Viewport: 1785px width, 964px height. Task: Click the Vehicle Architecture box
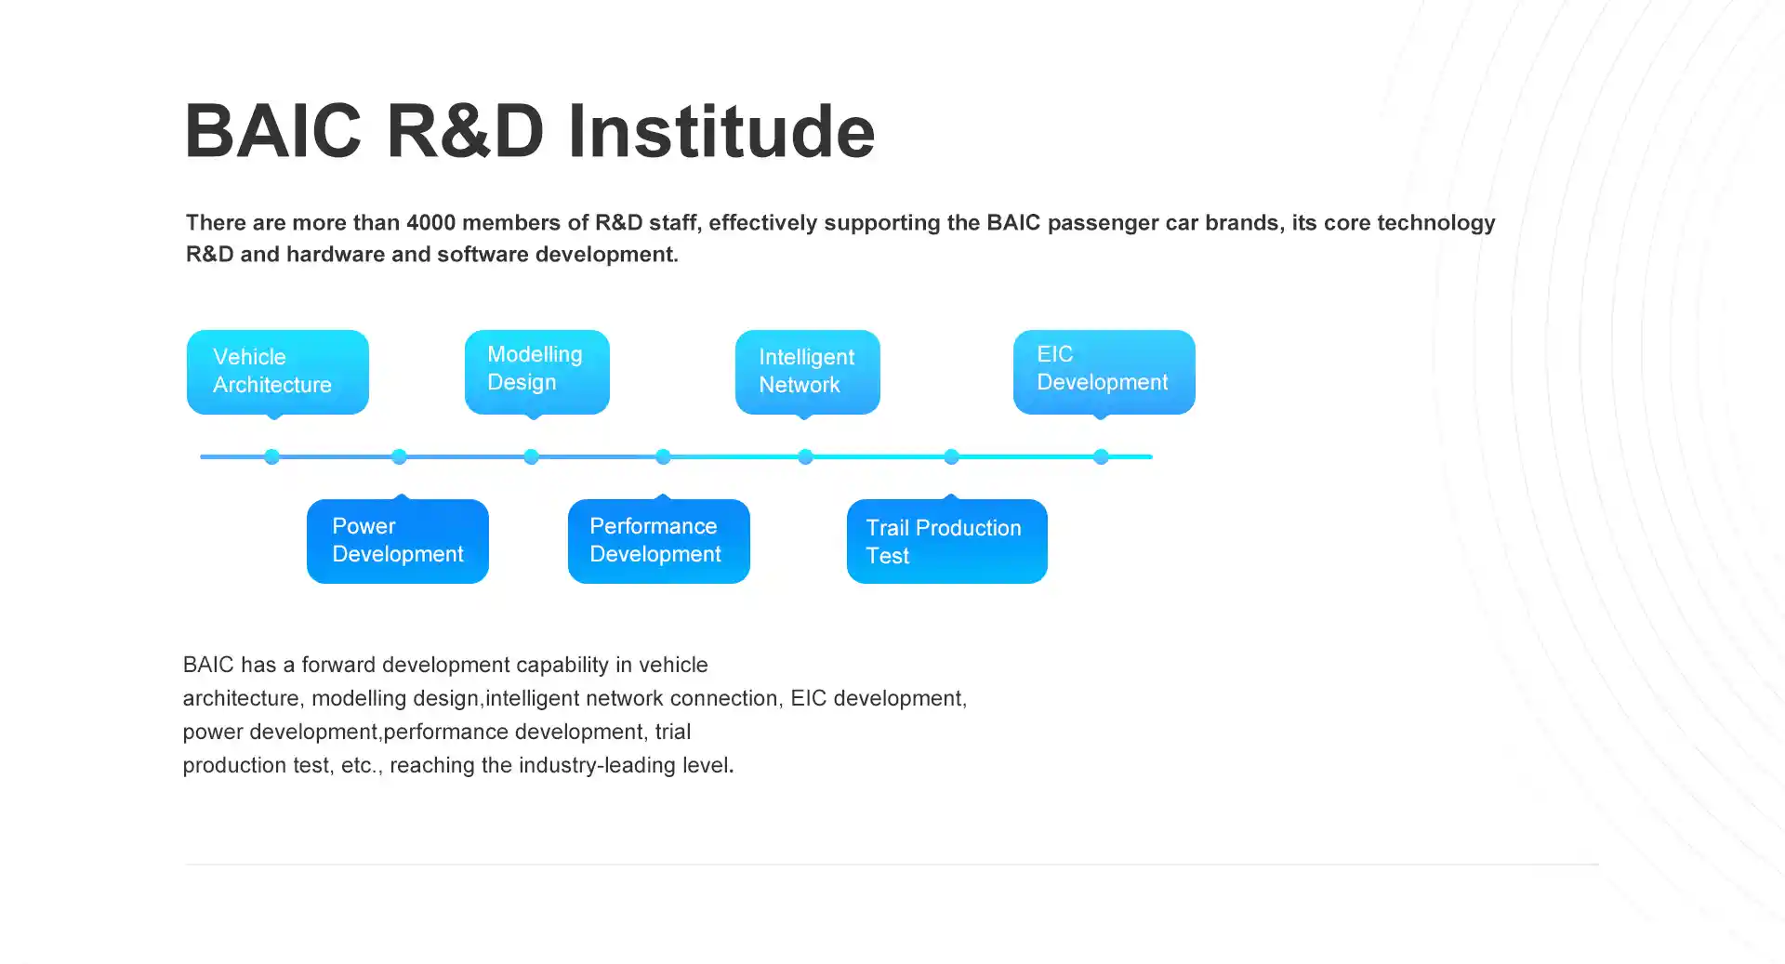(x=277, y=372)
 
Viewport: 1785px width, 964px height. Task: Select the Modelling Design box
(x=536, y=372)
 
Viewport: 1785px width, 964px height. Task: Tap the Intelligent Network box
(x=807, y=372)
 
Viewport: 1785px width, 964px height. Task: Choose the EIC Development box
(x=1104, y=372)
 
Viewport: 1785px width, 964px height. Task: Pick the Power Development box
(x=397, y=541)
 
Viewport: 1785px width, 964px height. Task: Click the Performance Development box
(x=658, y=541)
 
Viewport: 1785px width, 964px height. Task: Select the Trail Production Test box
(x=946, y=541)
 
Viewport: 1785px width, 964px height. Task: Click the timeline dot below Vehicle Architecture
(x=271, y=456)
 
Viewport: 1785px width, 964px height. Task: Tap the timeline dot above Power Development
(x=399, y=456)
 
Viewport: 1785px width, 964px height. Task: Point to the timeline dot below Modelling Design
(x=531, y=456)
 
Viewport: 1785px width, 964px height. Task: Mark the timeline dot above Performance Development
(x=663, y=456)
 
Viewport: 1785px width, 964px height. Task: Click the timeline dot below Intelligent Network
(x=805, y=456)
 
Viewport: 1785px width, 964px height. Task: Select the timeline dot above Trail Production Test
(x=951, y=456)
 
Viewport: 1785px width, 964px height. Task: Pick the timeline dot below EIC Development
(x=1101, y=456)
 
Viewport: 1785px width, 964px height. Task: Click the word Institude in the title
(x=721, y=131)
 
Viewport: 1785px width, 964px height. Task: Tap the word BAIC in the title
(x=272, y=131)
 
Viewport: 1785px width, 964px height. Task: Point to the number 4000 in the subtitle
(x=430, y=223)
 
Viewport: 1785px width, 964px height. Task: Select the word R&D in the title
(x=465, y=131)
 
